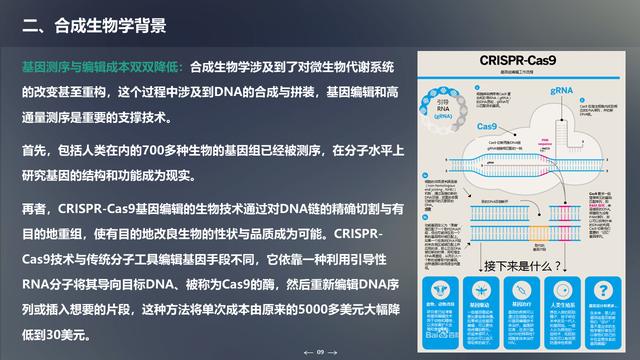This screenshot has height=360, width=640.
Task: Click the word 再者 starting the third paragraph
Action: [35, 209]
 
